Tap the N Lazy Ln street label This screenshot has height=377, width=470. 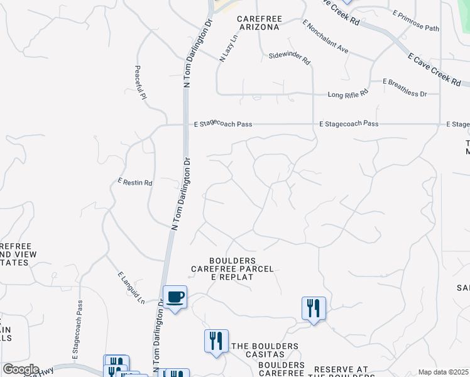pyautogui.click(x=229, y=48)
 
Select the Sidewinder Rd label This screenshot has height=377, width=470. pyautogui.click(x=290, y=58)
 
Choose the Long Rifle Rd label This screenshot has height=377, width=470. pyautogui.click(x=348, y=95)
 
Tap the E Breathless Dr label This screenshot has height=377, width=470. pyautogui.click(x=405, y=87)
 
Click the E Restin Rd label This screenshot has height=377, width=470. pyautogui.click(x=135, y=182)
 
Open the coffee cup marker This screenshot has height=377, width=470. pyautogui.click(x=175, y=297)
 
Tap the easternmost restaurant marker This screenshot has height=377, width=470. pyautogui.click(x=314, y=308)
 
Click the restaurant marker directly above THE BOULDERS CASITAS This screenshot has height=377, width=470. pyautogui.click(x=216, y=341)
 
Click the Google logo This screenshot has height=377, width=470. pyautogui.click(x=21, y=369)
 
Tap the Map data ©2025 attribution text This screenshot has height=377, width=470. pyautogui.click(x=443, y=372)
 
